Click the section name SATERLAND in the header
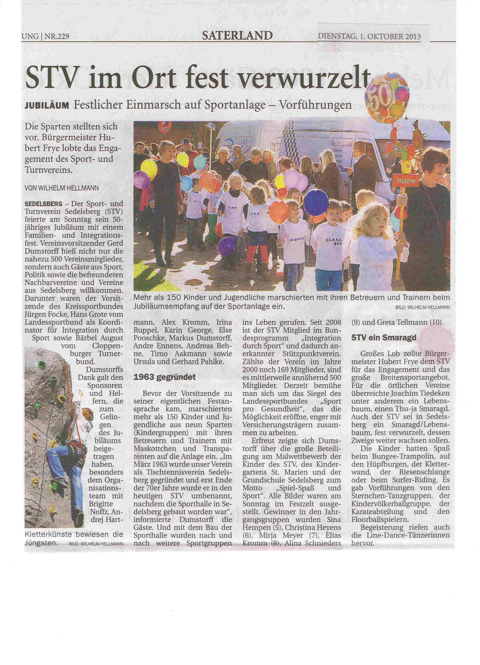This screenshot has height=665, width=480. [x=237, y=35]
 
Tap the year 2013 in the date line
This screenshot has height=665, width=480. [x=413, y=37]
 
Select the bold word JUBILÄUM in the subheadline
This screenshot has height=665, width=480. [x=47, y=106]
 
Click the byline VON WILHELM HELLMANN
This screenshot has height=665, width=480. [x=62, y=188]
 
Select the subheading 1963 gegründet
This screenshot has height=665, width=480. [x=164, y=377]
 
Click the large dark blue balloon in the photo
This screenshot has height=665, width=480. [x=316, y=202]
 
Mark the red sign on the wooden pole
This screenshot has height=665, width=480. [x=405, y=181]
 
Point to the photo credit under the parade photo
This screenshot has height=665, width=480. [x=422, y=308]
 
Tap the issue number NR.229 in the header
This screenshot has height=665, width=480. [x=57, y=37]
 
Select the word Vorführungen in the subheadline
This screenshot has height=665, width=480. [x=315, y=105]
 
